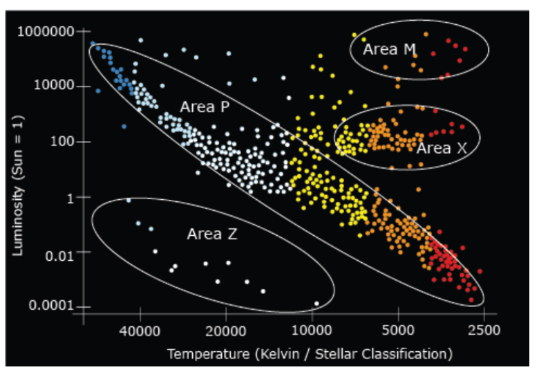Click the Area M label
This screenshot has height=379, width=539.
(390, 49)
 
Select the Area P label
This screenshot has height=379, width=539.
(205, 107)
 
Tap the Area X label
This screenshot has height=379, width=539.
(442, 148)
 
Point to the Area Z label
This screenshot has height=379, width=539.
(212, 234)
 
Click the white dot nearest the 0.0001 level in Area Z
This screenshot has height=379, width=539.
(316, 303)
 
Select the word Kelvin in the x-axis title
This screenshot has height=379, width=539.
(271, 355)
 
